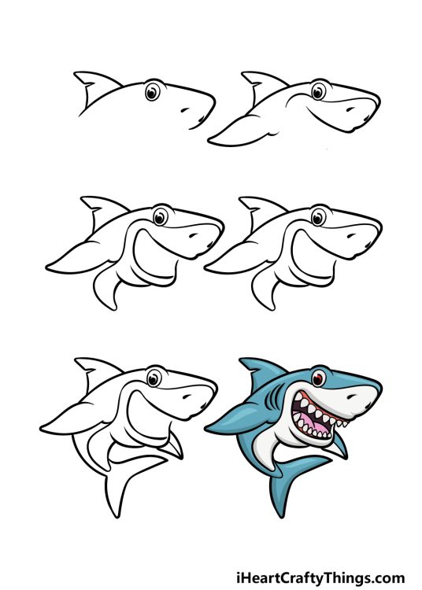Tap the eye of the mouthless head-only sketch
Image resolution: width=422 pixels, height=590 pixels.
point(152,93)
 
